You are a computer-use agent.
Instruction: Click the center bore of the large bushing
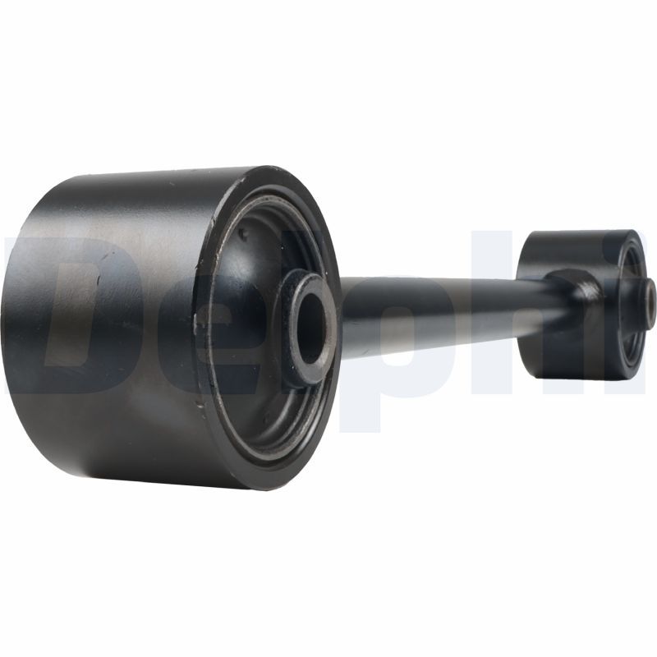[312, 327]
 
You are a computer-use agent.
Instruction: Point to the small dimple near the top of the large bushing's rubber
[242, 232]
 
